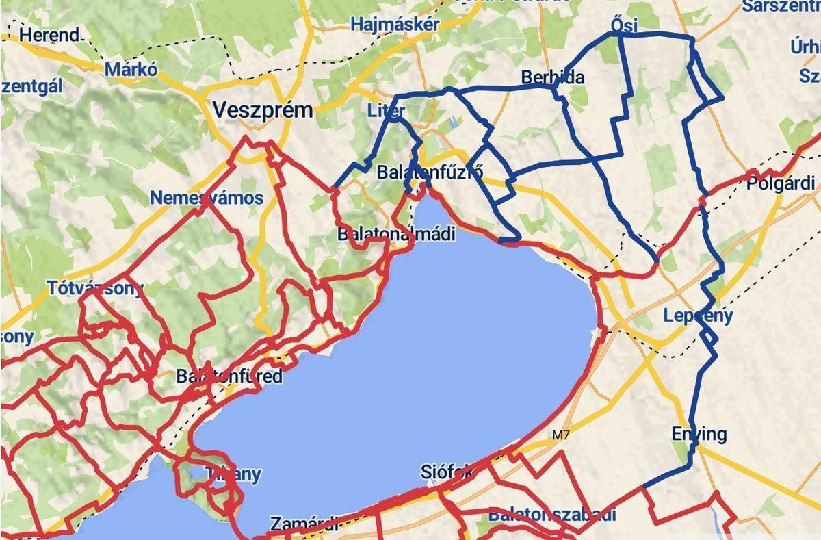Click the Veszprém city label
262,110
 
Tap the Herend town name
49,34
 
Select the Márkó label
131,69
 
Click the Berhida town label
553,77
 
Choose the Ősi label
623,26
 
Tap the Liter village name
387,110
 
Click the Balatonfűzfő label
430,172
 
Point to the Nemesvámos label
207,198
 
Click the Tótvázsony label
95,287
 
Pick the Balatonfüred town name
229,376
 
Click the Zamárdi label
304,524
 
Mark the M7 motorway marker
560,435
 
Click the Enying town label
699,434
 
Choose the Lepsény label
698,316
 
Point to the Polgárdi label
781,183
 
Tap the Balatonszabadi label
551,515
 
